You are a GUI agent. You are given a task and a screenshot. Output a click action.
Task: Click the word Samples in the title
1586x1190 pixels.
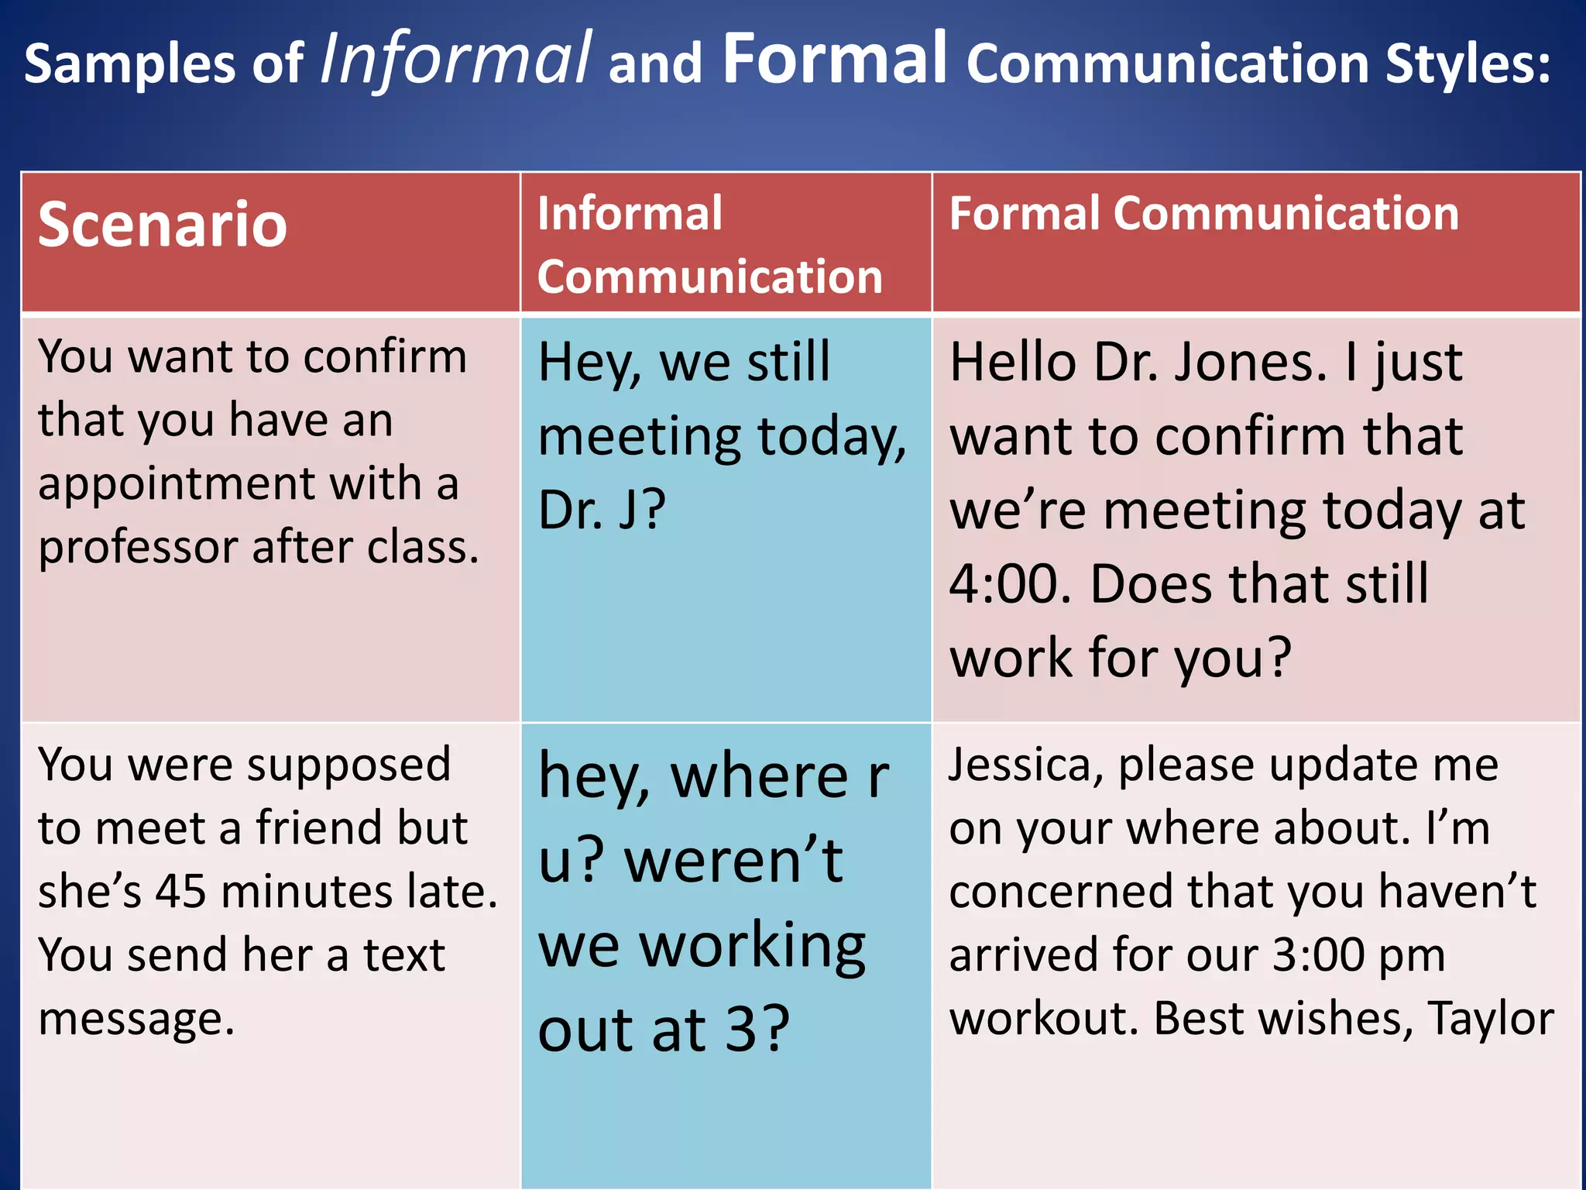tap(129, 64)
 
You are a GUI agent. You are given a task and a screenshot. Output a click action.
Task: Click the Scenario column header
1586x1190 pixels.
tap(163, 225)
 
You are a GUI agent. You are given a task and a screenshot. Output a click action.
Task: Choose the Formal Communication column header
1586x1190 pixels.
tap(1204, 214)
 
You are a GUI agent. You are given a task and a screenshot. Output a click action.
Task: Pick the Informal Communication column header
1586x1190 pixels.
tap(709, 245)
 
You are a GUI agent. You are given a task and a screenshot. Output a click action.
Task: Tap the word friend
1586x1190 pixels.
tap(320, 828)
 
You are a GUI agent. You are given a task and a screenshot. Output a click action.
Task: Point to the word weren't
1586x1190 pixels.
tap(733, 861)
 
